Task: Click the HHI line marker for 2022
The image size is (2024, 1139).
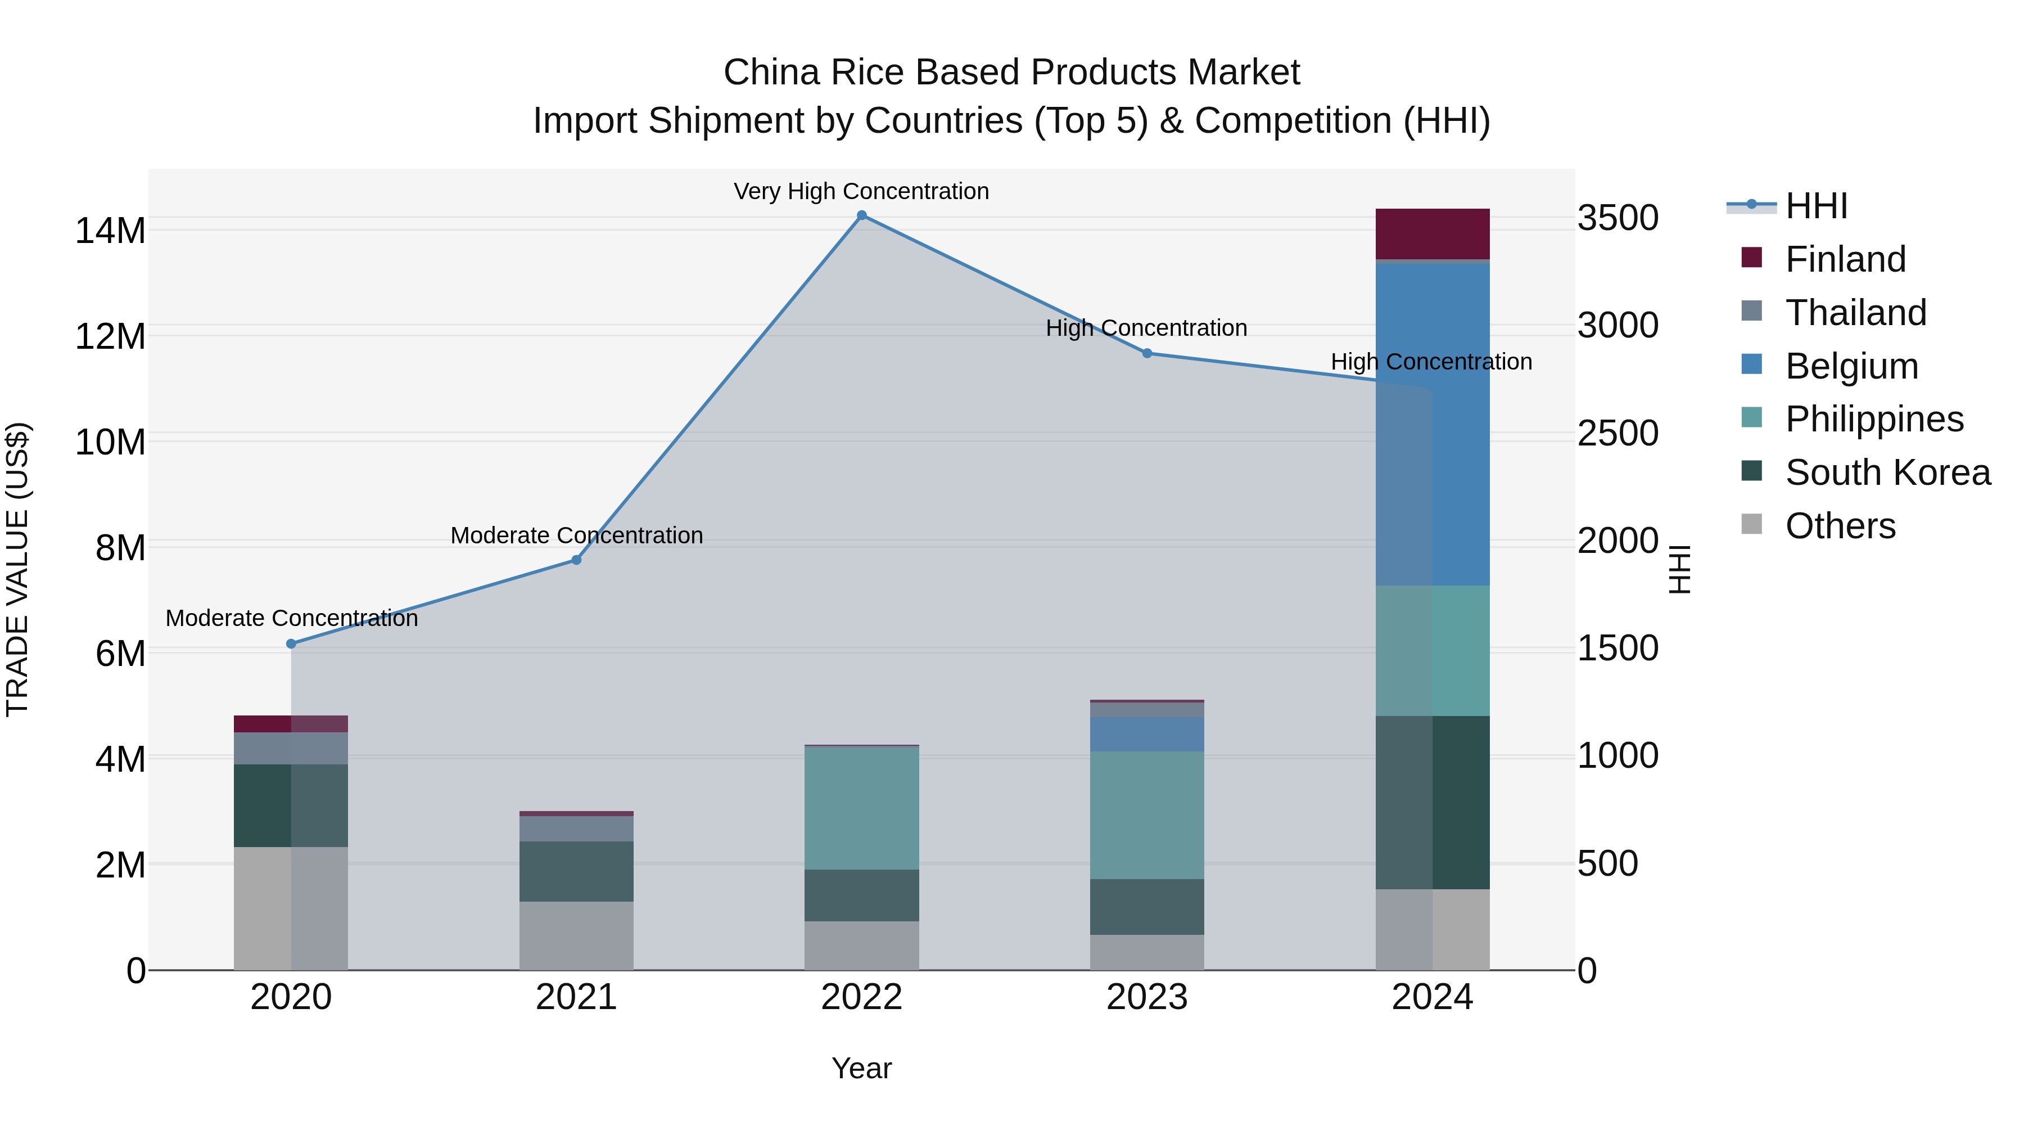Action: pyautogui.click(x=861, y=215)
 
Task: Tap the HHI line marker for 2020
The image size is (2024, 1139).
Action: pyautogui.click(x=291, y=644)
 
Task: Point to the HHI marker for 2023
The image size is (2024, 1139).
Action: pyautogui.click(x=1146, y=354)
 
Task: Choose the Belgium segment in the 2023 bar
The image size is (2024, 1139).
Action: pyautogui.click(x=1146, y=733)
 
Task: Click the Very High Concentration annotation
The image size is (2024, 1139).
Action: pyautogui.click(x=861, y=192)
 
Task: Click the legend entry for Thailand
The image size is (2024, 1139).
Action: pyautogui.click(x=1856, y=313)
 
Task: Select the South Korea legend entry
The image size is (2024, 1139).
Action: pyautogui.click(x=1887, y=472)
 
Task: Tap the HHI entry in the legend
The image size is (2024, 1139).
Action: pyautogui.click(x=1816, y=206)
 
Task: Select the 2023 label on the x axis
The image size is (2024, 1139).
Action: pyautogui.click(x=1146, y=997)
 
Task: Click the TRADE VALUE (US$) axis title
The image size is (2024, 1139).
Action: pyautogui.click(x=17, y=569)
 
